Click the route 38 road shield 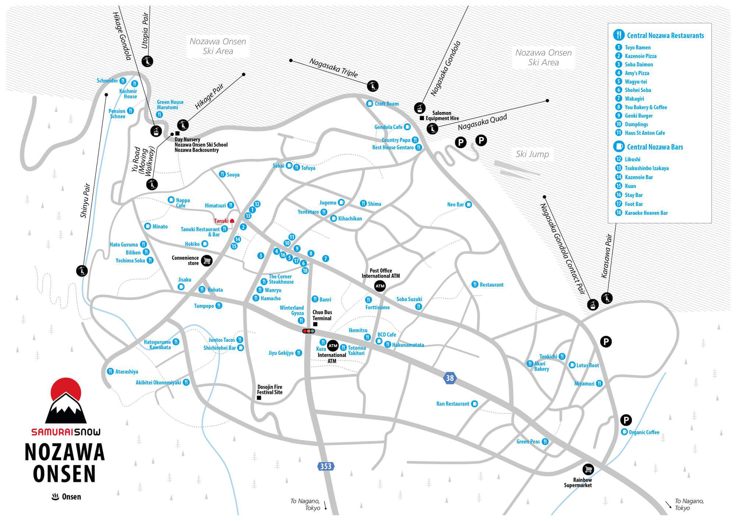click(x=450, y=378)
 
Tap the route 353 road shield click(x=326, y=466)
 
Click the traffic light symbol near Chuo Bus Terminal click(x=308, y=331)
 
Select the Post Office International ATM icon click(x=380, y=286)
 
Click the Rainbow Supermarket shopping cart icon click(x=588, y=469)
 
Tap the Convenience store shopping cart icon click(x=207, y=260)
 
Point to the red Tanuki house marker click(x=232, y=221)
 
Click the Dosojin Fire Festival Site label click(x=270, y=389)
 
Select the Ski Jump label click(x=532, y=154)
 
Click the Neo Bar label click(x=455, y=204)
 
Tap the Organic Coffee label click(x=644, y=432)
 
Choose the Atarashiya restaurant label click(x=127, y=372)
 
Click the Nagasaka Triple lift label click(x=333, y=68)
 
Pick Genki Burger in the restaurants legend click(x=638, y=116)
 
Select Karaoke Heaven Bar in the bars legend click(x=646, y=213)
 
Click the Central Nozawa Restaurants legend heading click(x=665, y=35)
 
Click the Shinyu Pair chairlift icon click(x=82, y=271)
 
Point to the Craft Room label click(x=386, y=104)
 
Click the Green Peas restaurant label click(x=528, y=441)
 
